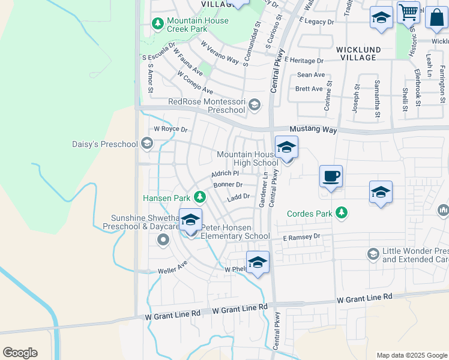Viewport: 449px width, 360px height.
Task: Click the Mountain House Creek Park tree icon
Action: pyautogui.click(x=158, y=24)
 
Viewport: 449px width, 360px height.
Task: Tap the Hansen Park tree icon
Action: pyautogui.click(x=199, y=197)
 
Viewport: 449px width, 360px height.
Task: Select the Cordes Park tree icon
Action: pyautogui.click(x=342, y=213)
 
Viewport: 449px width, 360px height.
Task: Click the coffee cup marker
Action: pyautogui.click(x=331, y=177)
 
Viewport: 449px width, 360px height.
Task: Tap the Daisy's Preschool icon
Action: pyautogui.click(x=146, y=144)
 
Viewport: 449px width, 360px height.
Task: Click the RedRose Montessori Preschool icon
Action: pyautogui.click(x=254, y=106)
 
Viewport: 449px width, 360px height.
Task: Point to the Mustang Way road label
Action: pyautogui.click(x=310, y=130)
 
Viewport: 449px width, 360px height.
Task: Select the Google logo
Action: pyautogui.click(x=20, y=353)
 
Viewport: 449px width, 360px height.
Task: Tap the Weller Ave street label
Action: pyautogui.click(x=173, y=267)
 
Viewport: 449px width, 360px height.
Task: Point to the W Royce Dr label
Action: pyautogui.click(x=170, y=129)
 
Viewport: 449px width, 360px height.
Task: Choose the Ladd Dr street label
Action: pyautogui.click(x=238, y=196)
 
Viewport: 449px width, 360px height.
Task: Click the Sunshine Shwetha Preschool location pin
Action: pyautogui.click(x=163, y=241)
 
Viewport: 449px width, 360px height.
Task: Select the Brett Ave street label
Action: pyautogui.click(x=309, y=88)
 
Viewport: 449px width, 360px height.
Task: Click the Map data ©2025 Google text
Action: pyautogui.click(x=412, y=355)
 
